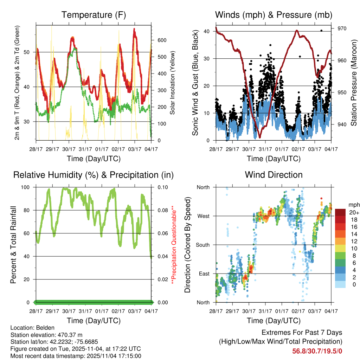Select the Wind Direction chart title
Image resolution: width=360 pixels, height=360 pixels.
(x=274, y=175)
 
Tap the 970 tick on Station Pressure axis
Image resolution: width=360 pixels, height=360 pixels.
(x=342, y=28)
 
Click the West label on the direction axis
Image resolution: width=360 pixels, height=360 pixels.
(x=203, y=216)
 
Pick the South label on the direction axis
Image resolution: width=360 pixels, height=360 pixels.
(x=202, y=245)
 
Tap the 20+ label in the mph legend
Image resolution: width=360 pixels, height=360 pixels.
(x=354, y=212)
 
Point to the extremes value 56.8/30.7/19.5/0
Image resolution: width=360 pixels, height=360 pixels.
(x=317, y=351)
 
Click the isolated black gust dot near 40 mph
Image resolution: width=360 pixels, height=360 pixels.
(x=321, y=31)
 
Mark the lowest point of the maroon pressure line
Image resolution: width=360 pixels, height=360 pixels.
(x=260, y=137)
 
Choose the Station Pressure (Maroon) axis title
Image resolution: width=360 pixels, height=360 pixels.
(x=354, y=82)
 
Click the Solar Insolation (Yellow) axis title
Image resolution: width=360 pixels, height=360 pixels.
(x=173, y=82)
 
